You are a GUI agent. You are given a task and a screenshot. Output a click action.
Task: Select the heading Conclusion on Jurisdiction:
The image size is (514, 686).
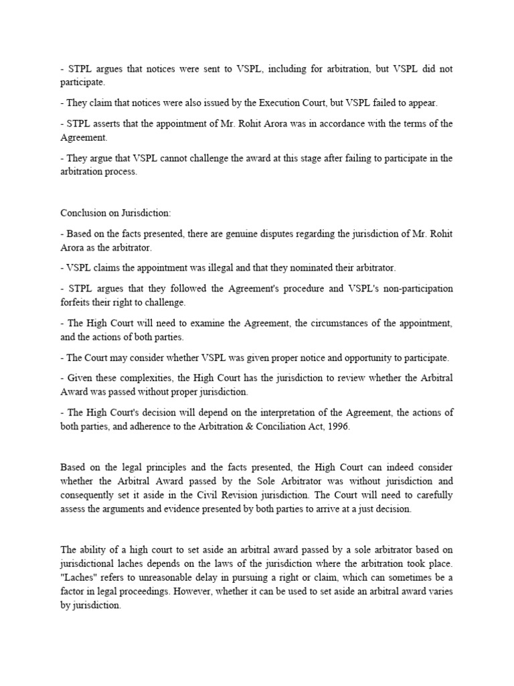click(x=116, y=213)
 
